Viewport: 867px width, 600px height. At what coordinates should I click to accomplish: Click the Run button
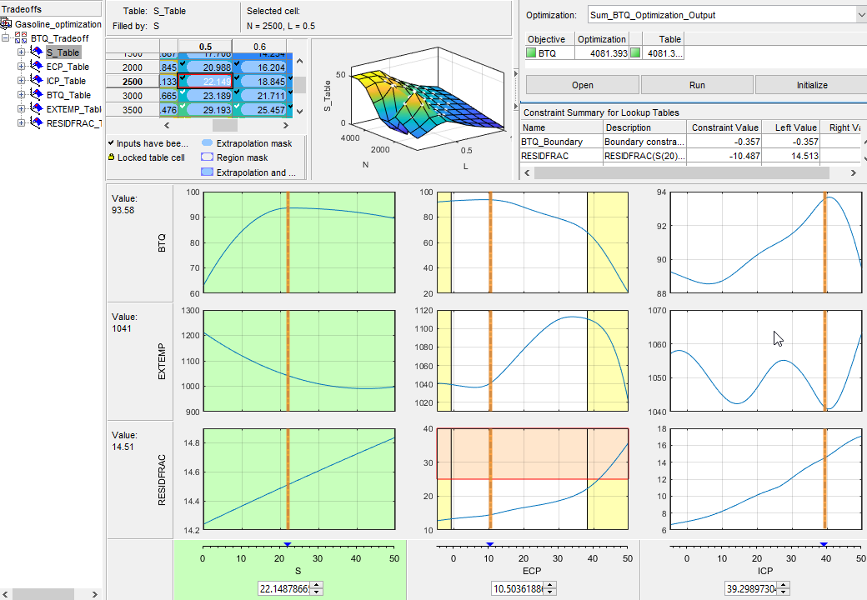pyautogui.click(x=697, y=85)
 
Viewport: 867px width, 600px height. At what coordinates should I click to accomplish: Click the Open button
pyautogui.click(x=582, y=85)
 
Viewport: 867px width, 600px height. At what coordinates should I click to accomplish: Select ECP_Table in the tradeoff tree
pyautogui.click(x=68, y=67)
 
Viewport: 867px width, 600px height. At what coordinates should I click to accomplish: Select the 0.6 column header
pyautogui.click(x=260, y=47)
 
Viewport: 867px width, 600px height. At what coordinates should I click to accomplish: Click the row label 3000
pyautogui.click(x=132, y=96)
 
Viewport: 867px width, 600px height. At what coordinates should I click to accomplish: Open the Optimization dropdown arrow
pyautogui.click(x=859, y=15)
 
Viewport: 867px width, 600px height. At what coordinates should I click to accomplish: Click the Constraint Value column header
pyautogui.click(x=724, y=127)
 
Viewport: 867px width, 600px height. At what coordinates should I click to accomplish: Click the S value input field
pyautogui.click(x=284, y=588)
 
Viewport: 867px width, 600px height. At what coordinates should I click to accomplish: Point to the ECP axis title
pyautogui.click(x=531, y=571)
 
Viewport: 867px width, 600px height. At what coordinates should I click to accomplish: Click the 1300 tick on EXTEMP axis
pyautogui.click(x=190, y=310)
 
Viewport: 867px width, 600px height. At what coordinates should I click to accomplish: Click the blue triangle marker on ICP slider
pyautogui.click(x=824, y=544)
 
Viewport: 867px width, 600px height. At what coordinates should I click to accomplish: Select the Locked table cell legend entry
pyautogui.click(x=151, y=157)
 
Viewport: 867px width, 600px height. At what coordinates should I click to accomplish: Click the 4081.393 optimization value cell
pyautogui.click(x=602, y=53)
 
